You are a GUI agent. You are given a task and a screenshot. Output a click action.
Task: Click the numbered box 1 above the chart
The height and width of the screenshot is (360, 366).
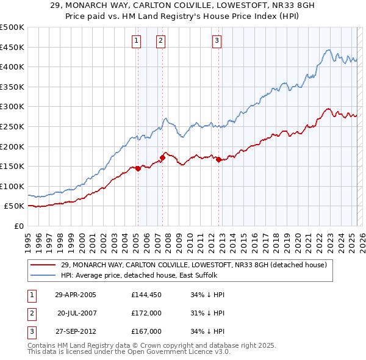coord(135,41)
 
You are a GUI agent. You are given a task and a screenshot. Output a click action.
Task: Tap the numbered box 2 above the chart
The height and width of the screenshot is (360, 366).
coord(160,41)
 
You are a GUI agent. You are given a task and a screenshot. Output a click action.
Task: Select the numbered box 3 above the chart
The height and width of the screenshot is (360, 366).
coord(217,41)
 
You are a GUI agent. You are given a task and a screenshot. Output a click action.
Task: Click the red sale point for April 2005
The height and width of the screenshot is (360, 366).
coord(138,168)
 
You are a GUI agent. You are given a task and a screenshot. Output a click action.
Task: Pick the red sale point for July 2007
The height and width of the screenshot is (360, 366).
coord(163,157)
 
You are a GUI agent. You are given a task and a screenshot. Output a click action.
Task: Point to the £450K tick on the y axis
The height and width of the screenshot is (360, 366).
coord(12,47)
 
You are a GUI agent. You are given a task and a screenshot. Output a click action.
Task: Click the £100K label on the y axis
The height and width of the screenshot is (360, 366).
coord(12,186)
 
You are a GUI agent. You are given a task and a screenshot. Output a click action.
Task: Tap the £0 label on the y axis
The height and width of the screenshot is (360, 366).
coord(18,226)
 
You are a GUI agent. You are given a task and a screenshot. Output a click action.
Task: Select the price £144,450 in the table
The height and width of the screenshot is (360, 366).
coord(146,294)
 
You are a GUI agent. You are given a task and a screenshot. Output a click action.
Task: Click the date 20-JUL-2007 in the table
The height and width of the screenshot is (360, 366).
coord(76,312)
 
